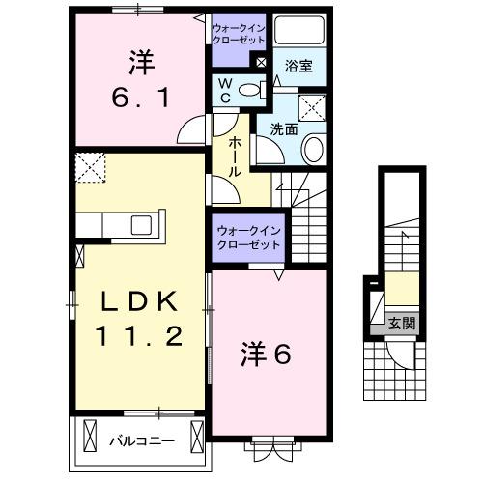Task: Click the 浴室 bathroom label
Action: pos(299,66)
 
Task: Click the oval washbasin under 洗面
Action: pos(314,148)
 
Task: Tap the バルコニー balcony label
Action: pos(141,440)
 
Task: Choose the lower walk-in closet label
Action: pos(248,238)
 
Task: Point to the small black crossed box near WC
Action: pos(260,61)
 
